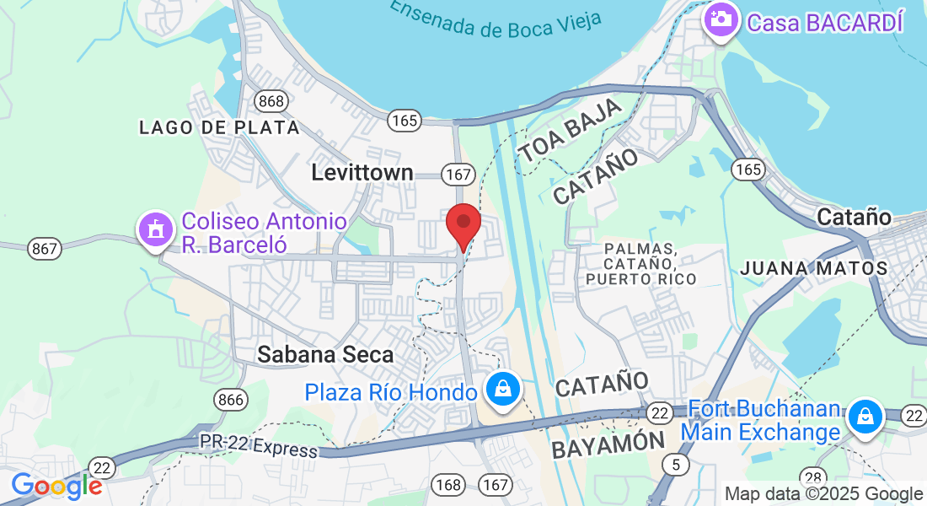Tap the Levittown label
[x=362, y=173]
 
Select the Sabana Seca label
[x=326, y=355]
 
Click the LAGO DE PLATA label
[x=219, y=127]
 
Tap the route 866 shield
[x=230, y=399]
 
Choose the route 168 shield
[x=447, y=484]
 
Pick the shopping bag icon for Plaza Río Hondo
[x=503, y=389]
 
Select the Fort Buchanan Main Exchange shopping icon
[x=865, y=416]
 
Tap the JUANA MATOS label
[x=814, y=268]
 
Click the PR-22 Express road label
[x=259, y=445]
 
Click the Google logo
[x=56, y=486]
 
